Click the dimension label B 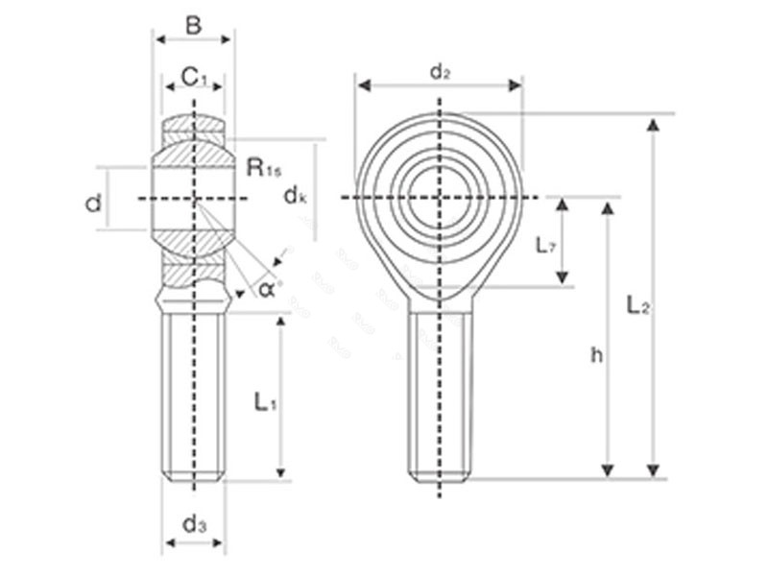tap(193, 25)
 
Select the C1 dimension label tap(195, 76)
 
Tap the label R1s tap(264, 168)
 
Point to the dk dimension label tap(296, 196)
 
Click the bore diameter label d tap(93, 203)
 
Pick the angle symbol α tap(267, 287)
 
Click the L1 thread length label tap(265, 402)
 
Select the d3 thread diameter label tap(194, 524)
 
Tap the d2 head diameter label tap(440, 71)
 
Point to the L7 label tap(545, 245)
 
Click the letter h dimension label tap(596, 355)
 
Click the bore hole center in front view tap(440, 198)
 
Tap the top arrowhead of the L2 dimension tap(654, 124)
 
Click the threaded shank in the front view tap(440, 394)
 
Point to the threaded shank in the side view tap(194, 394)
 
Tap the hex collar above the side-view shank tap(194, 299)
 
